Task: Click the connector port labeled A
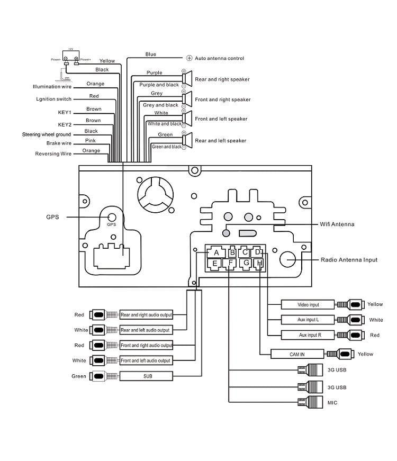tap(216, 252)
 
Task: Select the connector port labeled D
tap(258, 252)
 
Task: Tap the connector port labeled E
tap(215, 264)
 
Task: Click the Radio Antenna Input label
tap(349, 260)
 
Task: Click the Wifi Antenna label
tap(337, 224)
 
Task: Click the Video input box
tap(308, 305)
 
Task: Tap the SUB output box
tap(146, 376)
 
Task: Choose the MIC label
tap(332, 403)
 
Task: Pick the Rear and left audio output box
tap(146, 330)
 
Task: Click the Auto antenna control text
tap(219, 58)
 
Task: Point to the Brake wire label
tap(58, 143)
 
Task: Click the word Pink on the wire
tap(91, 141)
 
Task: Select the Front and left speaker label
tap(221, 119)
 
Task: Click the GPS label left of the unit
tap(52, 217)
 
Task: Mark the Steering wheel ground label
tap(46, 134)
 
